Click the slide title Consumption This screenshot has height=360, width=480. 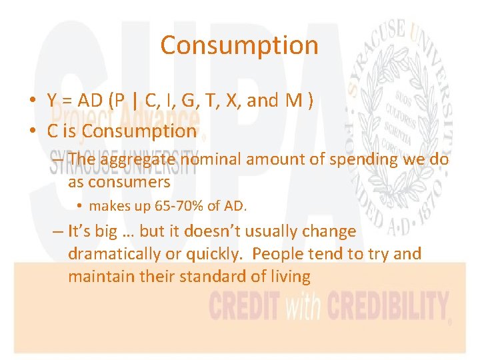pos(239,45)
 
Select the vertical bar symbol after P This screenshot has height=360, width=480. pos(136,101)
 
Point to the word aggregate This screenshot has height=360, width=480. pos(137,160)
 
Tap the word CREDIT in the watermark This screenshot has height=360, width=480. pos(245,307)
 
